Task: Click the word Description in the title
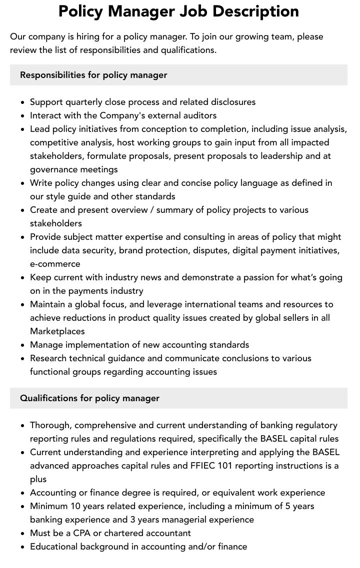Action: coord(257,11)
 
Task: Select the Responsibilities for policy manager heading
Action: coord(93,75)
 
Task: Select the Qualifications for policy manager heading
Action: coord(89,398)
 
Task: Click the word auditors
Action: coord(198,115)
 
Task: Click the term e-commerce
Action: coord(55,264)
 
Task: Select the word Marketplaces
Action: coord(57,331)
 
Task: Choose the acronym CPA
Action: coord(82,533)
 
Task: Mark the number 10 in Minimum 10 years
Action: coord(74,506)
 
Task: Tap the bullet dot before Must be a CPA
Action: coord(23,534)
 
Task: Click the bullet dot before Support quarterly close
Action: coord(23,102)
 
